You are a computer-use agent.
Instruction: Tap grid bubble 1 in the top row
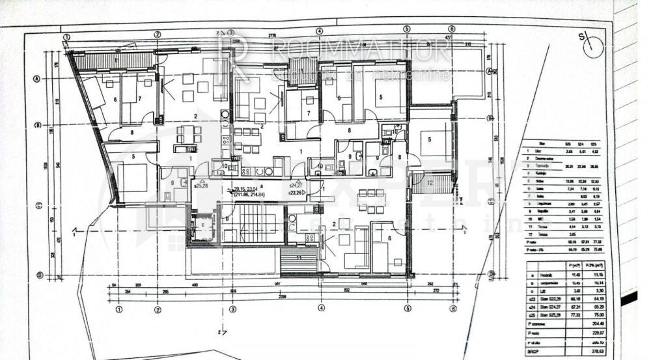[67, 37]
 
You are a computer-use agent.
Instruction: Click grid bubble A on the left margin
[36, 78]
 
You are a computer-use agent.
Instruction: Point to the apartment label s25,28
[201, 186]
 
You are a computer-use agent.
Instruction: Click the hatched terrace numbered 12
[436, 183]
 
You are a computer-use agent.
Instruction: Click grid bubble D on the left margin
[38, 275]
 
